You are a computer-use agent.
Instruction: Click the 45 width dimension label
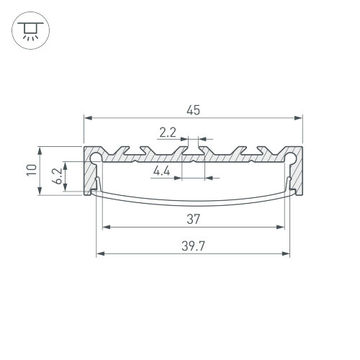coord(193,110)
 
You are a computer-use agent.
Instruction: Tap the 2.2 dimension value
coord(168,132)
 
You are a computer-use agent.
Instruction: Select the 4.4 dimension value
coord(162,171)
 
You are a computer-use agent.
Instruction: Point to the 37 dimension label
coord(193,220)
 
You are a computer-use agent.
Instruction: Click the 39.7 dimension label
coord(193,246)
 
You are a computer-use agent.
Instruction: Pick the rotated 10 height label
coord(32,171)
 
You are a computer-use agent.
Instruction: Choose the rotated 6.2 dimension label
coord(57,176)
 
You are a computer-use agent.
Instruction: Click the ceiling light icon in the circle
coord(30,31)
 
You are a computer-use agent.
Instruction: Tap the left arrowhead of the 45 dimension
coord(88,118)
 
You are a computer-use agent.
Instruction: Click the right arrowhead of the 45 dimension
coord(299,118)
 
